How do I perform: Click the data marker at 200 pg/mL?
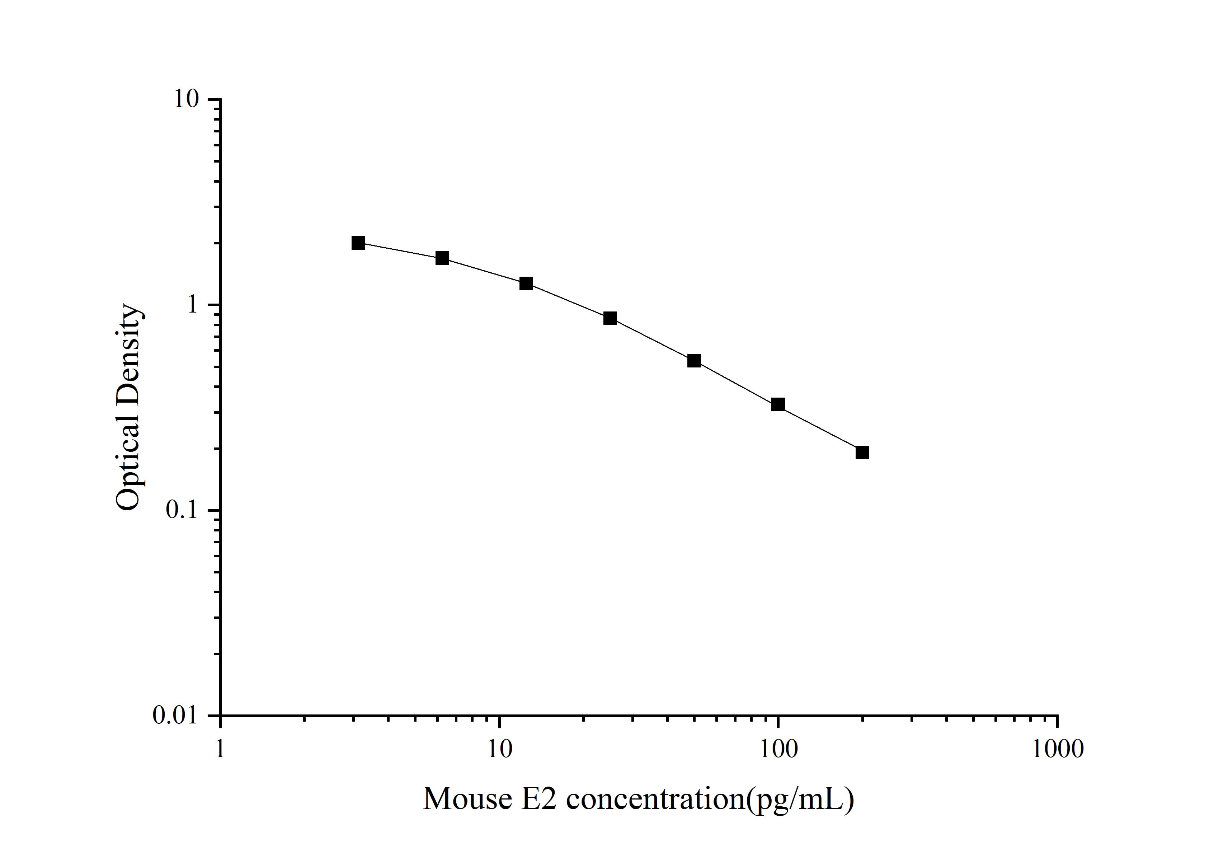[x=862, y=453]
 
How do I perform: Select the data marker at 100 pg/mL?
[x=778, y=404]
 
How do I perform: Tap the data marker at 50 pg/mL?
[x=694, y=361]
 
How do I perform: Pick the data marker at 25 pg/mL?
[x=610, y=318]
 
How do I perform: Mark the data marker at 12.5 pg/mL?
[x=526, y=283]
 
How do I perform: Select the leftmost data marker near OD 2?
[x=358, y=243]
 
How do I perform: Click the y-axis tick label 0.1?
[x=180, y=510]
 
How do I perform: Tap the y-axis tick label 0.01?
[x=175, y=715]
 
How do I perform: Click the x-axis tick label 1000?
[x=1057, y=749]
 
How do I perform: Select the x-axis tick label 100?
[x=778, y=749]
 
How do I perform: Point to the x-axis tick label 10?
[x=499, y=749]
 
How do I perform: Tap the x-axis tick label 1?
[x=220, y=749]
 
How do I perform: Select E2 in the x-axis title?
[x=544, y=799]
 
